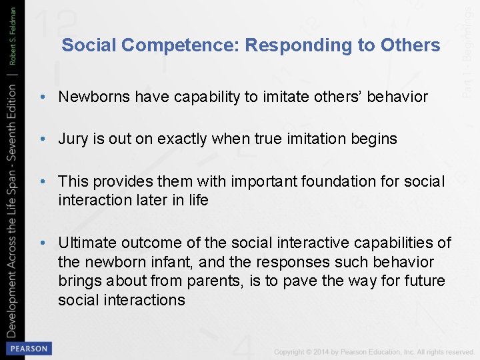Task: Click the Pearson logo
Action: click(x=27, y=349)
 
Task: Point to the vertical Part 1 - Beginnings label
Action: click(x=469, y=50)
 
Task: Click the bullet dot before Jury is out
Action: click(x=42, y=139)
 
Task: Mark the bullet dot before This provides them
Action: click(x=42, y=182)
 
